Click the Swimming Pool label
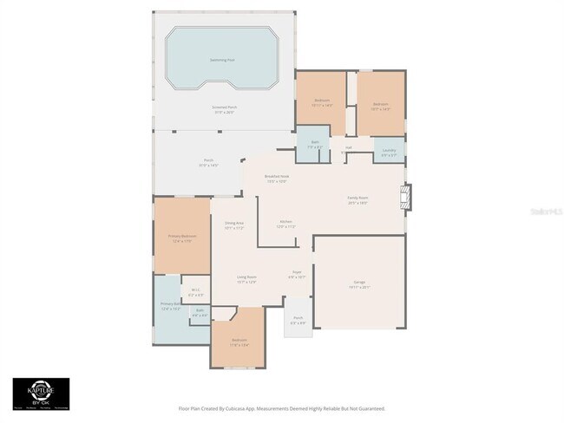223,60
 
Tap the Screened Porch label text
224,107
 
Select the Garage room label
359,283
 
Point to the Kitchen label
285,222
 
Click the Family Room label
357,198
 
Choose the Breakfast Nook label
278,177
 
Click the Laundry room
390,151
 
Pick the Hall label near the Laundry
349,147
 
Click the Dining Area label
234,224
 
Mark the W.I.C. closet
195,291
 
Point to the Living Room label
246,277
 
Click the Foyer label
296,272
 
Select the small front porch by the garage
298,318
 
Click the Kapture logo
41,393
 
